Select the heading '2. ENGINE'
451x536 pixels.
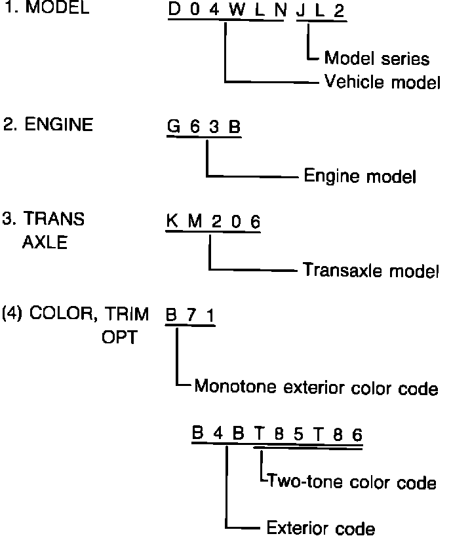click(47, 125)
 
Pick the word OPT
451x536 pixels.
click(119, 338)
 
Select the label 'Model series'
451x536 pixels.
click(377, 58)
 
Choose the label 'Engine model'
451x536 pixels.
click(360, 176)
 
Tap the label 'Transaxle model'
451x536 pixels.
click(371, 270)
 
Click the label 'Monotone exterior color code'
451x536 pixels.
click(316, 388)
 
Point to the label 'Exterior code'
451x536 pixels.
click(321, 527)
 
